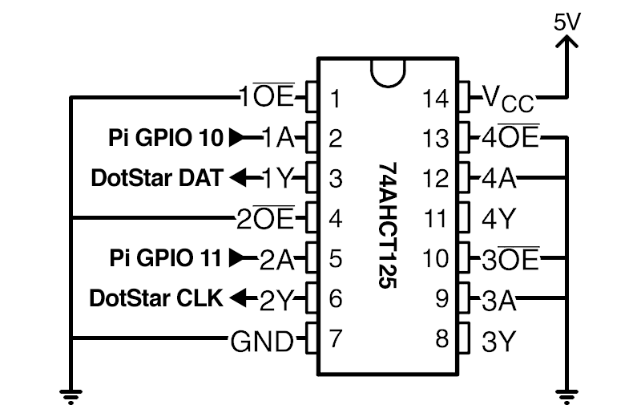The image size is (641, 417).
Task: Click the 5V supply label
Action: tap(566, 22)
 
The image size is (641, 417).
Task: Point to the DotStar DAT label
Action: tap(156, 178)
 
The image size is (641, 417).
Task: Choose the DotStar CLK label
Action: tap(155, 298)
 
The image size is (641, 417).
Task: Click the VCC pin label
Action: tap(507, 99)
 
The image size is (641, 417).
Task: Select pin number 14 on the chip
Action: tap(437, 99)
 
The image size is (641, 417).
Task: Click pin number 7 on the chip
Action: tap(336, 340)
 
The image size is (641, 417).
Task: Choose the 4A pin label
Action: tap(498, 178)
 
